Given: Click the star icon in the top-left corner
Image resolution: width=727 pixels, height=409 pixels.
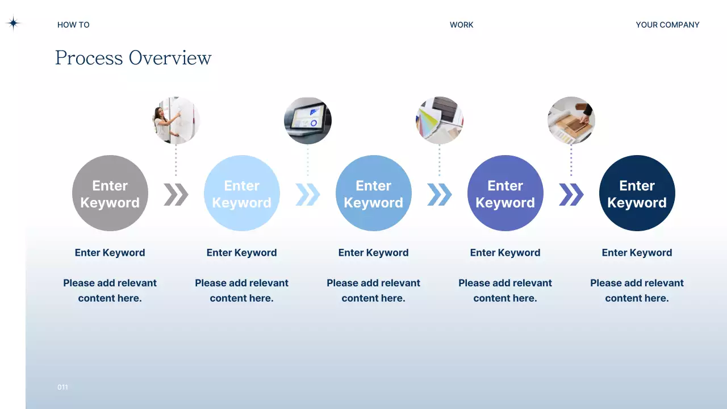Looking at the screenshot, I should tap(13, 23).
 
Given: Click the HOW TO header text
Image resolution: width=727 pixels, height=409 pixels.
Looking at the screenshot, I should tap(73, 25).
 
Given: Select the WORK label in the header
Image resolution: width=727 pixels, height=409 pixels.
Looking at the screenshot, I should tap(461, 25).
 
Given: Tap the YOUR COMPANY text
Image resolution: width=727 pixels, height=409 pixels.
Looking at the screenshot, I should tap(667, 25).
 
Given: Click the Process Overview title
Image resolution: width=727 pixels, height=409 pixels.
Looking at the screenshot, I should tap(133, 58).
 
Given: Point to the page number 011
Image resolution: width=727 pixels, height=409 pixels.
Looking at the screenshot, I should tap(62, 387).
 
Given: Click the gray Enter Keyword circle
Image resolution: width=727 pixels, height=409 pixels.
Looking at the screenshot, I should tap(110, 193).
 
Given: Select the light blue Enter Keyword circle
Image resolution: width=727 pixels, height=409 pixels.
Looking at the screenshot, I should tap(242, 193).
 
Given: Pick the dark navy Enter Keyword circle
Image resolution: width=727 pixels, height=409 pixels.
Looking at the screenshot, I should tap(637, 193).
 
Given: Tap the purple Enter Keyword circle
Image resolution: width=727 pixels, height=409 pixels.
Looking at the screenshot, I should tap(505, 193).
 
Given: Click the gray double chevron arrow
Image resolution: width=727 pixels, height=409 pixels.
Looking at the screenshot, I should tap(176, 194).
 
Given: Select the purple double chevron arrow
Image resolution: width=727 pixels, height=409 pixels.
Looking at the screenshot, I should tap(571, 194).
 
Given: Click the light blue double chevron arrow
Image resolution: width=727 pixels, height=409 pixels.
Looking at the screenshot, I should tap(308, 194).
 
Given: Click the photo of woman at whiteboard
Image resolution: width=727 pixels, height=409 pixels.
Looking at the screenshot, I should tap(176, 120).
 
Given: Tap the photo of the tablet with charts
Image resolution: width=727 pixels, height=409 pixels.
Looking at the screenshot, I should tap(308, 120).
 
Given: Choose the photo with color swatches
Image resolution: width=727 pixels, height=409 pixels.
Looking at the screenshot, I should tap(440, 120).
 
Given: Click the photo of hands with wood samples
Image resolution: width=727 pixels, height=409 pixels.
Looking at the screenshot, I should tap(571, 120).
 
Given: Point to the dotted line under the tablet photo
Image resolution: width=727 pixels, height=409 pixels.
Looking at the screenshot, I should tap(308, 160).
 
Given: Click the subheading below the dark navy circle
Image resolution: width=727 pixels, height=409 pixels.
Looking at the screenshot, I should tap(637, 253).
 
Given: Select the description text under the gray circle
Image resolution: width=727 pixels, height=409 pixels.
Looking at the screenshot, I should tap(110, 290).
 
